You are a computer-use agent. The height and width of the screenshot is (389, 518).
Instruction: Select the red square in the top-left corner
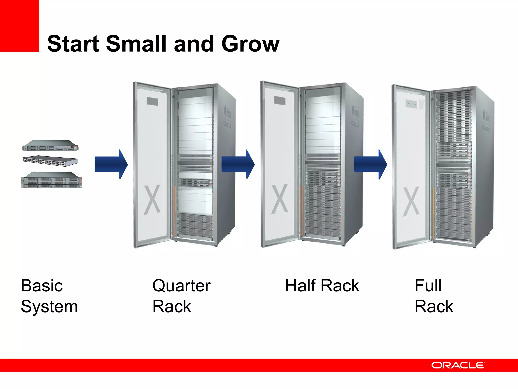[x=19, y=26]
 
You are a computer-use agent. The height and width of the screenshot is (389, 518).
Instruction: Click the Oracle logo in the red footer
[x=458, y=365]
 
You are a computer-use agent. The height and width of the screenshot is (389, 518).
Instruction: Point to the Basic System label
[x=49, y=296]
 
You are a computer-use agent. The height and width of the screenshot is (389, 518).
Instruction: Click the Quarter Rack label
[x=181, y=296]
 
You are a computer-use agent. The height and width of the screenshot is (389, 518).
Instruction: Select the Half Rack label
[x=322, y=286]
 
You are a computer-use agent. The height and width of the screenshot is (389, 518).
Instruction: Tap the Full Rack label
[x=434, y=296]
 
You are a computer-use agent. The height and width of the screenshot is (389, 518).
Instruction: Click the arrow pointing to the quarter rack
[x=111, y=164]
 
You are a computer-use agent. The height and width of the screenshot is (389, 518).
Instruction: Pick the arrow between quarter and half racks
[x=238, y=164]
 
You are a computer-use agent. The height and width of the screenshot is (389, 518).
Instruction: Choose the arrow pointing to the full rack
[x=371, y=164]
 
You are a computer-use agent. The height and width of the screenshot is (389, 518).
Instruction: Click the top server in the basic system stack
[x=50, y=146]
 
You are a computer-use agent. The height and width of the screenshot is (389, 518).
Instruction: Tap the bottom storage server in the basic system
[x=51, y=180]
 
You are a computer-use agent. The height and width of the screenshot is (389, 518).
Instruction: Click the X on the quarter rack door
[x=152, y=200]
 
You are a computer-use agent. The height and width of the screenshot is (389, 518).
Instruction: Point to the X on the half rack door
[x=279, y=199]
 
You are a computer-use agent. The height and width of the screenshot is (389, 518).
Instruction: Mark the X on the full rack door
[x=411, y=202]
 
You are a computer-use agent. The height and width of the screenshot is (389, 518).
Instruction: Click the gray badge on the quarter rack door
[x=153, y=102]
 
